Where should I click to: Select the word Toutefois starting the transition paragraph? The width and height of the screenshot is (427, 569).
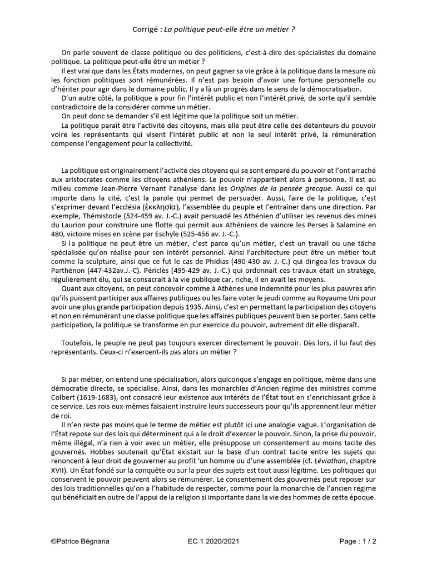coord(79,343)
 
